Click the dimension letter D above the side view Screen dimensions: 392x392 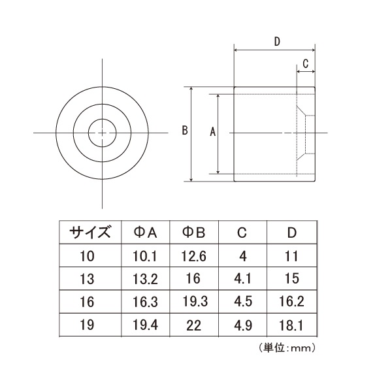(x=277, y=42)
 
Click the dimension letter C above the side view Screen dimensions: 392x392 (x=306, y=63)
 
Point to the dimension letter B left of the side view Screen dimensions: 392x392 (x=185, y=131)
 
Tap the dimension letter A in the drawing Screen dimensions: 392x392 (x=212, y=131)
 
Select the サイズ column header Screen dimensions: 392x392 (x=90, y=232)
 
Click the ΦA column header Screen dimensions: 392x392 (x=145, y=233)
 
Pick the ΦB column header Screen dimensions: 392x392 (x=194, y=233)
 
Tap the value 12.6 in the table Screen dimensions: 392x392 (x=194, y=256)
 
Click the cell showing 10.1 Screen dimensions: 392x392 (x=145, y=256)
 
